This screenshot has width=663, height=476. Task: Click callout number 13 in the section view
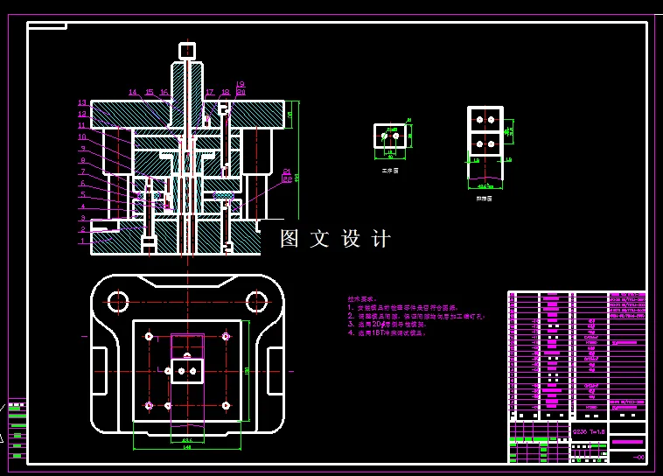pos(81,103)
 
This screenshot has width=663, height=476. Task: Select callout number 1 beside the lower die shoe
pos(82,241)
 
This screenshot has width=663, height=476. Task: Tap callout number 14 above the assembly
pos(133,92)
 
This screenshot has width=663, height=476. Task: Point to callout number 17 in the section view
pos(210,92)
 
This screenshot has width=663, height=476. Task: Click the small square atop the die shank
pos(186,50)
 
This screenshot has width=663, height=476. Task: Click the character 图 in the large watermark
pos(290,239)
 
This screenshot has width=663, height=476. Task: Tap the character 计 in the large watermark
pos(380,239)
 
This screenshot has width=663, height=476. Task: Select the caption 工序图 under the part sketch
pos(389,171)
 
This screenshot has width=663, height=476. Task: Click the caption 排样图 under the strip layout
pos(484,199)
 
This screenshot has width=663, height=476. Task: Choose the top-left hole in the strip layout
pos(478,119)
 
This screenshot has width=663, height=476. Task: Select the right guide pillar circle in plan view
pos(255,302)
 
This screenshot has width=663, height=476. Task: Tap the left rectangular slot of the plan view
pos(102,358)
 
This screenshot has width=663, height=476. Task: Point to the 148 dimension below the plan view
pos(186,447)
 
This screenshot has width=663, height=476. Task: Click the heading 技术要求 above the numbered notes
pos(360,299)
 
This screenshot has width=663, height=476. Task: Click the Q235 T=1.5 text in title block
pos(587,431)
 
